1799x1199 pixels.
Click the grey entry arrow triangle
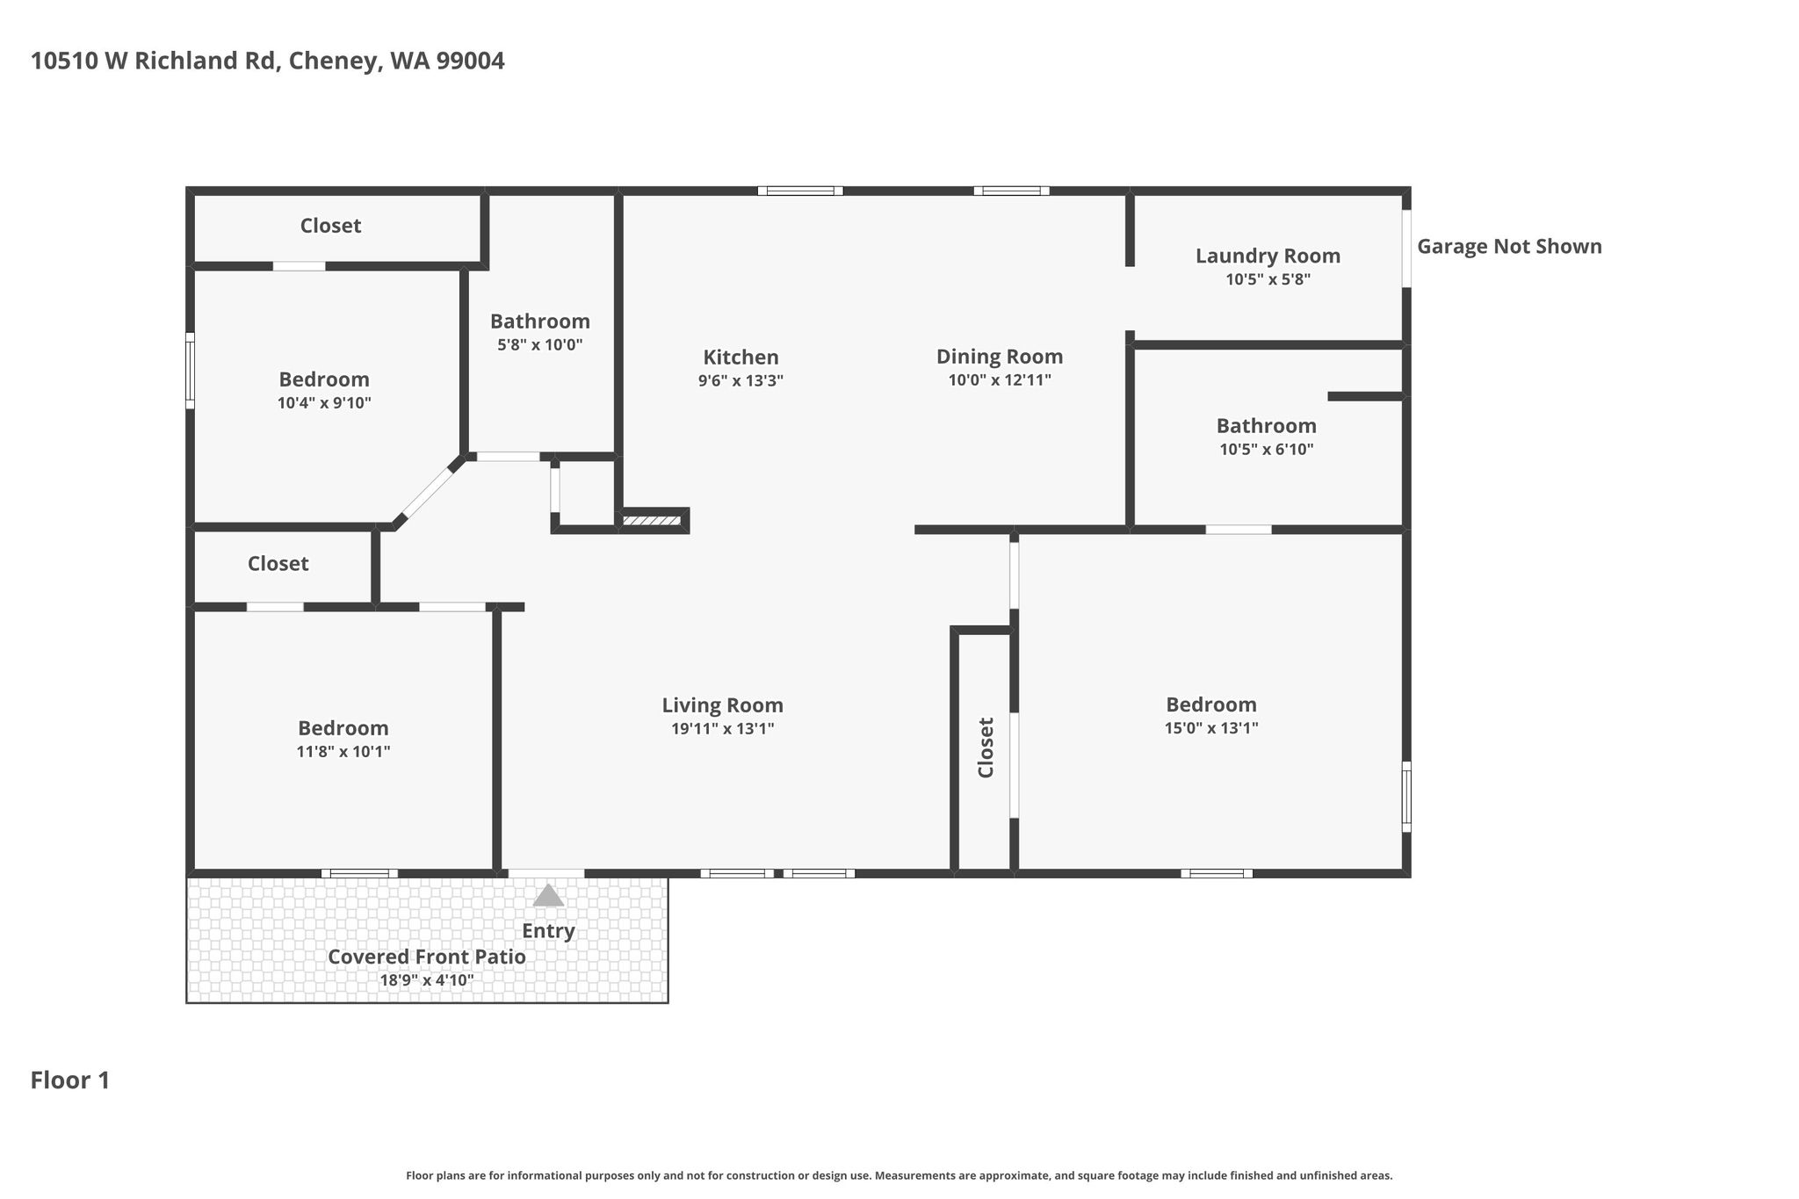coord(548,895)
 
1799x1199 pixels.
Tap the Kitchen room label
coord(741,358)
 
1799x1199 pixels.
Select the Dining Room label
coord(1000,357)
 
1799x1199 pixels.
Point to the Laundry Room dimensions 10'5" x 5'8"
coord(1268,279)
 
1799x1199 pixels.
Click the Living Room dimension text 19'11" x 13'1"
coord(723,728)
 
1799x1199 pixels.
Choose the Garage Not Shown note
coord(1509,247)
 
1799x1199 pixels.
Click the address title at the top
coord(268,61)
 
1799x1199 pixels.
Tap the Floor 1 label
coord(70,1080)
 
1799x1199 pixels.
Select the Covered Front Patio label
coord(427,957)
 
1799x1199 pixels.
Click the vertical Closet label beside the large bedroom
coord(986,748)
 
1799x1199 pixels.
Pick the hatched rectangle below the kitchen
coord(652,521)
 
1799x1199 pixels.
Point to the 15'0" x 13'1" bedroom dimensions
coord(1211,727)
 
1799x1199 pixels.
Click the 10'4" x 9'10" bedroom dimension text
coord(324,403)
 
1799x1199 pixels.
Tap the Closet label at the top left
coord(330,226)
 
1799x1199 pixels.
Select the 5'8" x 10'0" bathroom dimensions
coord(540,344)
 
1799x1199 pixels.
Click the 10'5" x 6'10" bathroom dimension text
coord(1267,449)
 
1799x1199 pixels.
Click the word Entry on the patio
coord(548,931)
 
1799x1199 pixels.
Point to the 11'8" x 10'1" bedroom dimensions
coord(343,751)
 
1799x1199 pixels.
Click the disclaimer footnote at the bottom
coord(899,1175)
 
